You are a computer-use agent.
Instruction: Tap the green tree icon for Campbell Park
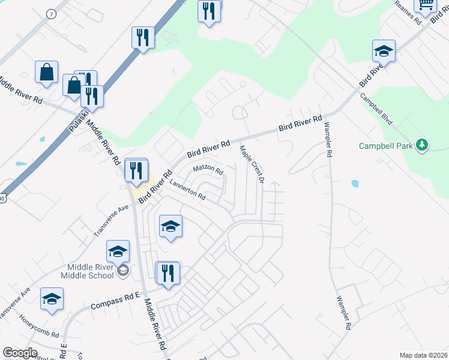(423, 145)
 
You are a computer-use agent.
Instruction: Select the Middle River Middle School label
(87, 271)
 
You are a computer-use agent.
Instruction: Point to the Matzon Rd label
(208, 170)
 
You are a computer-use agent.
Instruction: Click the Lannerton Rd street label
(187, 190)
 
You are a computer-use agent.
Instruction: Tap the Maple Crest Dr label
(252, 163)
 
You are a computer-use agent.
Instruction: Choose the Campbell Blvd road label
(376, 109)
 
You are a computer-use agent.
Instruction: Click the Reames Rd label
(408, 11)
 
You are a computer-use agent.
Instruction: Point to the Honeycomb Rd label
(39, 326)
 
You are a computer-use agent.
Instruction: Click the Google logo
(20, 353)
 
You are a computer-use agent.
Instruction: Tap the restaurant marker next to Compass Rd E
(167, 274)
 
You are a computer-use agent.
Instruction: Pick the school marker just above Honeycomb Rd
(52, 299)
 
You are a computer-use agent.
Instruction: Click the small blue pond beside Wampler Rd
(354, 183)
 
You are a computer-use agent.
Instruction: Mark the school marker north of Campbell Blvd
(384, 51)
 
